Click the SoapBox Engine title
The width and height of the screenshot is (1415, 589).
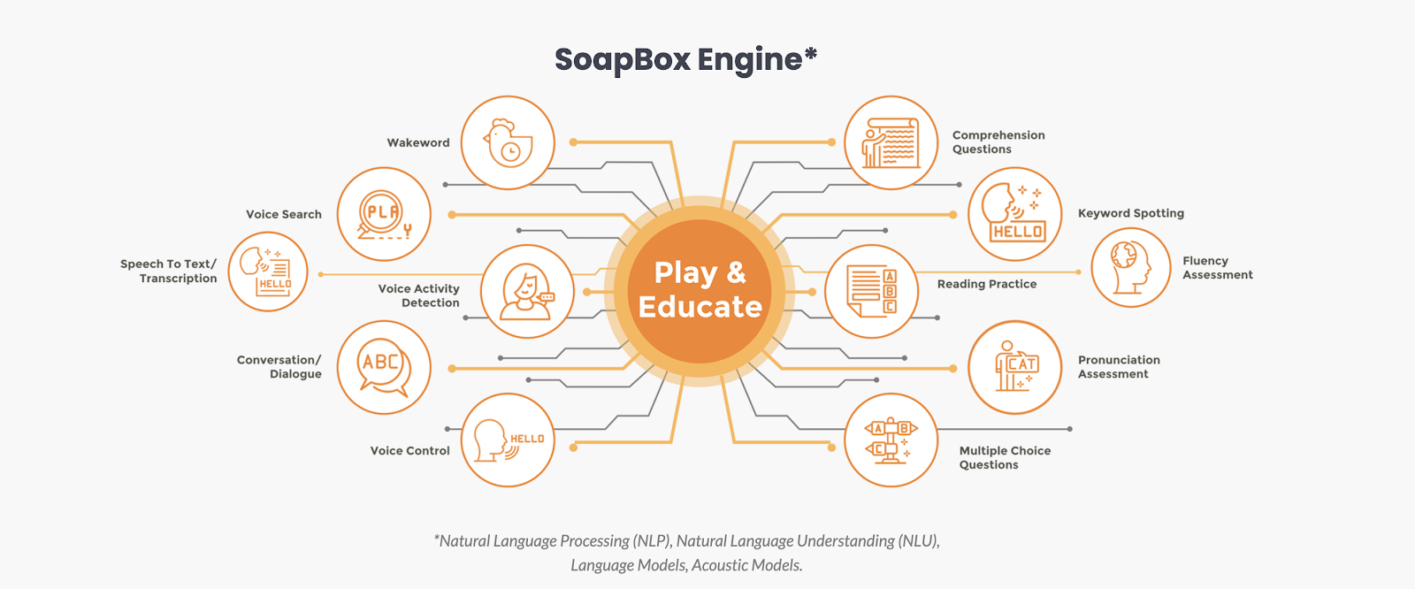[x=685, y=59]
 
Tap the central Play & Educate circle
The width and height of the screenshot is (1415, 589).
[x=700, y=290]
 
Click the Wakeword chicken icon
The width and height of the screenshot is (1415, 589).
[x=508, y=142]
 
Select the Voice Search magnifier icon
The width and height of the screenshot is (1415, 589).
[x=384, y=214]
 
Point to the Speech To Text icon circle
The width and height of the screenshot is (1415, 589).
[x=268, y=272]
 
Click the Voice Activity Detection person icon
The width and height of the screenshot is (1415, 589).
[x=527, y=291]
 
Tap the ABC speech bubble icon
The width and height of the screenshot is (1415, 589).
[x=384, y=367]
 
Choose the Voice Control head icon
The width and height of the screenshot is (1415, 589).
[x=508, y=440]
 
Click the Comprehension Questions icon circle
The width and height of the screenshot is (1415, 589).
[x=891, y=142]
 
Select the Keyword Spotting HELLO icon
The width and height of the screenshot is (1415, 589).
[x=1014, y=214]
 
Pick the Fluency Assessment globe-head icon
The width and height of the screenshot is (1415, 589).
[x=1130, y=267]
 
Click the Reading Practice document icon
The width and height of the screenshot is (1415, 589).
[x=871, y=291]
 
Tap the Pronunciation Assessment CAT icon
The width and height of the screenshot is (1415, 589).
[x=1014, y=367]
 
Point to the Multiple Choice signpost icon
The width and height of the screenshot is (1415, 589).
[x=891, y=440]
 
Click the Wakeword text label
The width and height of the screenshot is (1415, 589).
[x=418, y=142]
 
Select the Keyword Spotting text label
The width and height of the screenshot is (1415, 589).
[x=1130, y=213]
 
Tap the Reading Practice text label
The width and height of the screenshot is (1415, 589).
[x=986, y=284]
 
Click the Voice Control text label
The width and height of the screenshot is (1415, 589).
[x=409, y=450]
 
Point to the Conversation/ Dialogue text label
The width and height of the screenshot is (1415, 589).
[x=279, y=367]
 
